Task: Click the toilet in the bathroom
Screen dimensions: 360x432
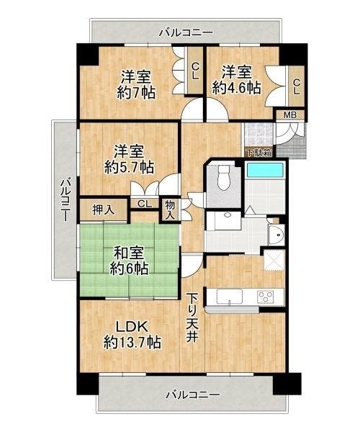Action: click(x=224, y=177)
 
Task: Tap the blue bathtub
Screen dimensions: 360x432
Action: click(x=265, y=170)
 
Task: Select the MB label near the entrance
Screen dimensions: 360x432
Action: click(x=290, y=115)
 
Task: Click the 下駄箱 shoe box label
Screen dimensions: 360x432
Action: click(x=259, y=153)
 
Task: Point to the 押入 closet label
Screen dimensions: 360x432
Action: click(x=103, y=210)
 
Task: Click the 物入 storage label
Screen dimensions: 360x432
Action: click(x=170, y=210)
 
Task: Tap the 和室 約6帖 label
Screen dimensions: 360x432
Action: click(x=129, y=261)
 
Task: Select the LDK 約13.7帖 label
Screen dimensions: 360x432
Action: click(x=132, y=335)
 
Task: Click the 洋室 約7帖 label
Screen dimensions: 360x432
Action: click(x=136, y=84)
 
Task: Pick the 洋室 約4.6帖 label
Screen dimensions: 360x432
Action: click(x=237, y=81)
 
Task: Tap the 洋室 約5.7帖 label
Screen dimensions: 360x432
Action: click(x=129, y=159)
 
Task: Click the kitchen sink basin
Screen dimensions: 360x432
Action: click(x=230, y=297)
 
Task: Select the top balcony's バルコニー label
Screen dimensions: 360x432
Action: click(x=186, y=33)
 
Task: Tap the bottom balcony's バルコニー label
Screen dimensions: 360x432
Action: click(x=193, y=395)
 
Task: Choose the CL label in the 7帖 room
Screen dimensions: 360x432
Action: click(x=195, y=71)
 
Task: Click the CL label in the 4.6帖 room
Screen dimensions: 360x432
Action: click(x=297, y=87)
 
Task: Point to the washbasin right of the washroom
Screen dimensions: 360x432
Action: click(x=276, y=235)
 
